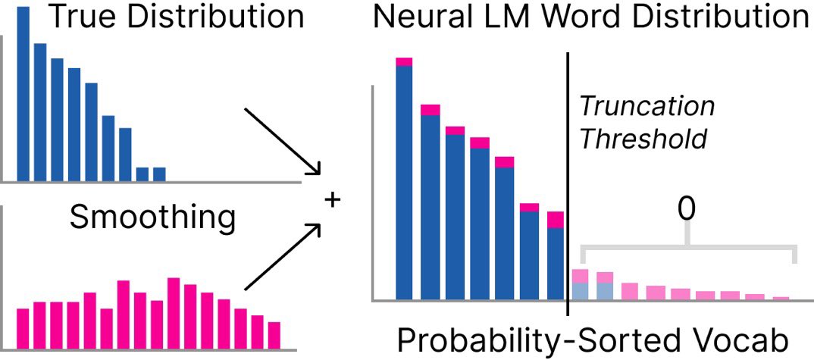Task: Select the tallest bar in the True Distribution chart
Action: pyautogui.click(x=23, y=94)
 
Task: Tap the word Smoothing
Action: pyautogui.click(x=152, y=218)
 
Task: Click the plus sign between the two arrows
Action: pyautogui.click(x=332, y=200)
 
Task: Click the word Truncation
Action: pyautogui.click(x=647, y=106)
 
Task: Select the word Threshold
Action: pyautogui.click(x=643, y=139)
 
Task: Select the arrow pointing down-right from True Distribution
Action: pyautogui.click(x=282, y=141)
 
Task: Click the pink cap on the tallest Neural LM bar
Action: pyautogui.click(x=404, y=61)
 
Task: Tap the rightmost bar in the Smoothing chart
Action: pyautogui.click(x=274, y=334)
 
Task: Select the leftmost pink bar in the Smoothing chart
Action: pyautogui.click(x=23, y=327)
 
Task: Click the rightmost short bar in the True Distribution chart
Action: pyautogui.click(x=159, y=175)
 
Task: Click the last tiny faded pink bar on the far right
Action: pyautogui.click(x=781, y=298)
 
